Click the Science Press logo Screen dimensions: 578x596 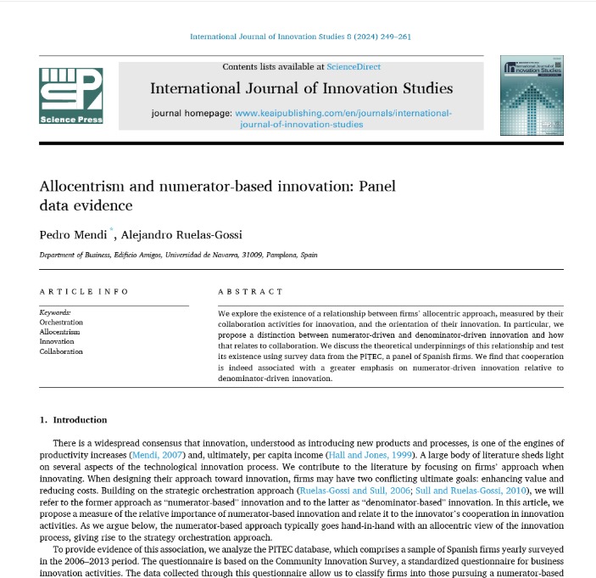71,96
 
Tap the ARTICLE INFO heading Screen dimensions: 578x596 84,291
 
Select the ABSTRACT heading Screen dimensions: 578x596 250,291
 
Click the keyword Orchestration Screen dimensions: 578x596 62,323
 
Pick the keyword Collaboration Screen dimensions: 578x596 62,351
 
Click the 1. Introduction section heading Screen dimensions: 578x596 75,419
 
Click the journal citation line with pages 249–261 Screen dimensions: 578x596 301,36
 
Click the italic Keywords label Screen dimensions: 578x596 56,312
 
